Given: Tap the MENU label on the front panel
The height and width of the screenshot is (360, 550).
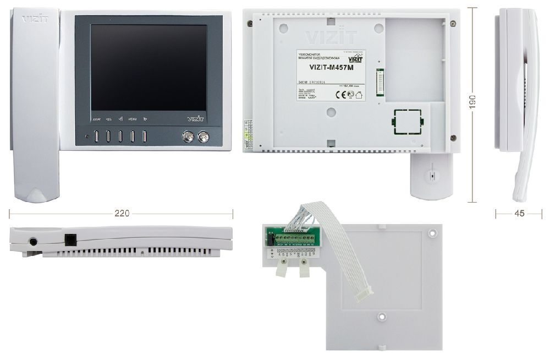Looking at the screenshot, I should coord(133,119).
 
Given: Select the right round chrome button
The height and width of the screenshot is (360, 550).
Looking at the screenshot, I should coord(204,137).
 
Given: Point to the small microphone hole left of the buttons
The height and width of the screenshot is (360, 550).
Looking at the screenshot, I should coord(86,137).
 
